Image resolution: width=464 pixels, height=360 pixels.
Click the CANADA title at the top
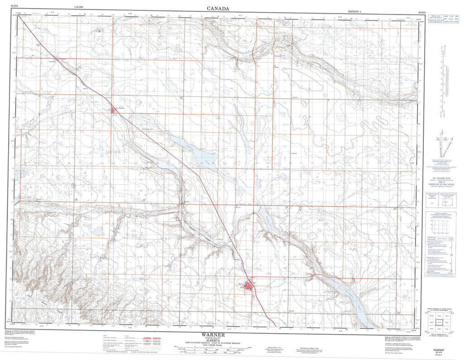pos(218,8)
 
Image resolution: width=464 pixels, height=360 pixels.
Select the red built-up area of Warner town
pos(248,286)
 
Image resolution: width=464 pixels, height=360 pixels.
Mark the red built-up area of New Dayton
pos(113,109)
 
